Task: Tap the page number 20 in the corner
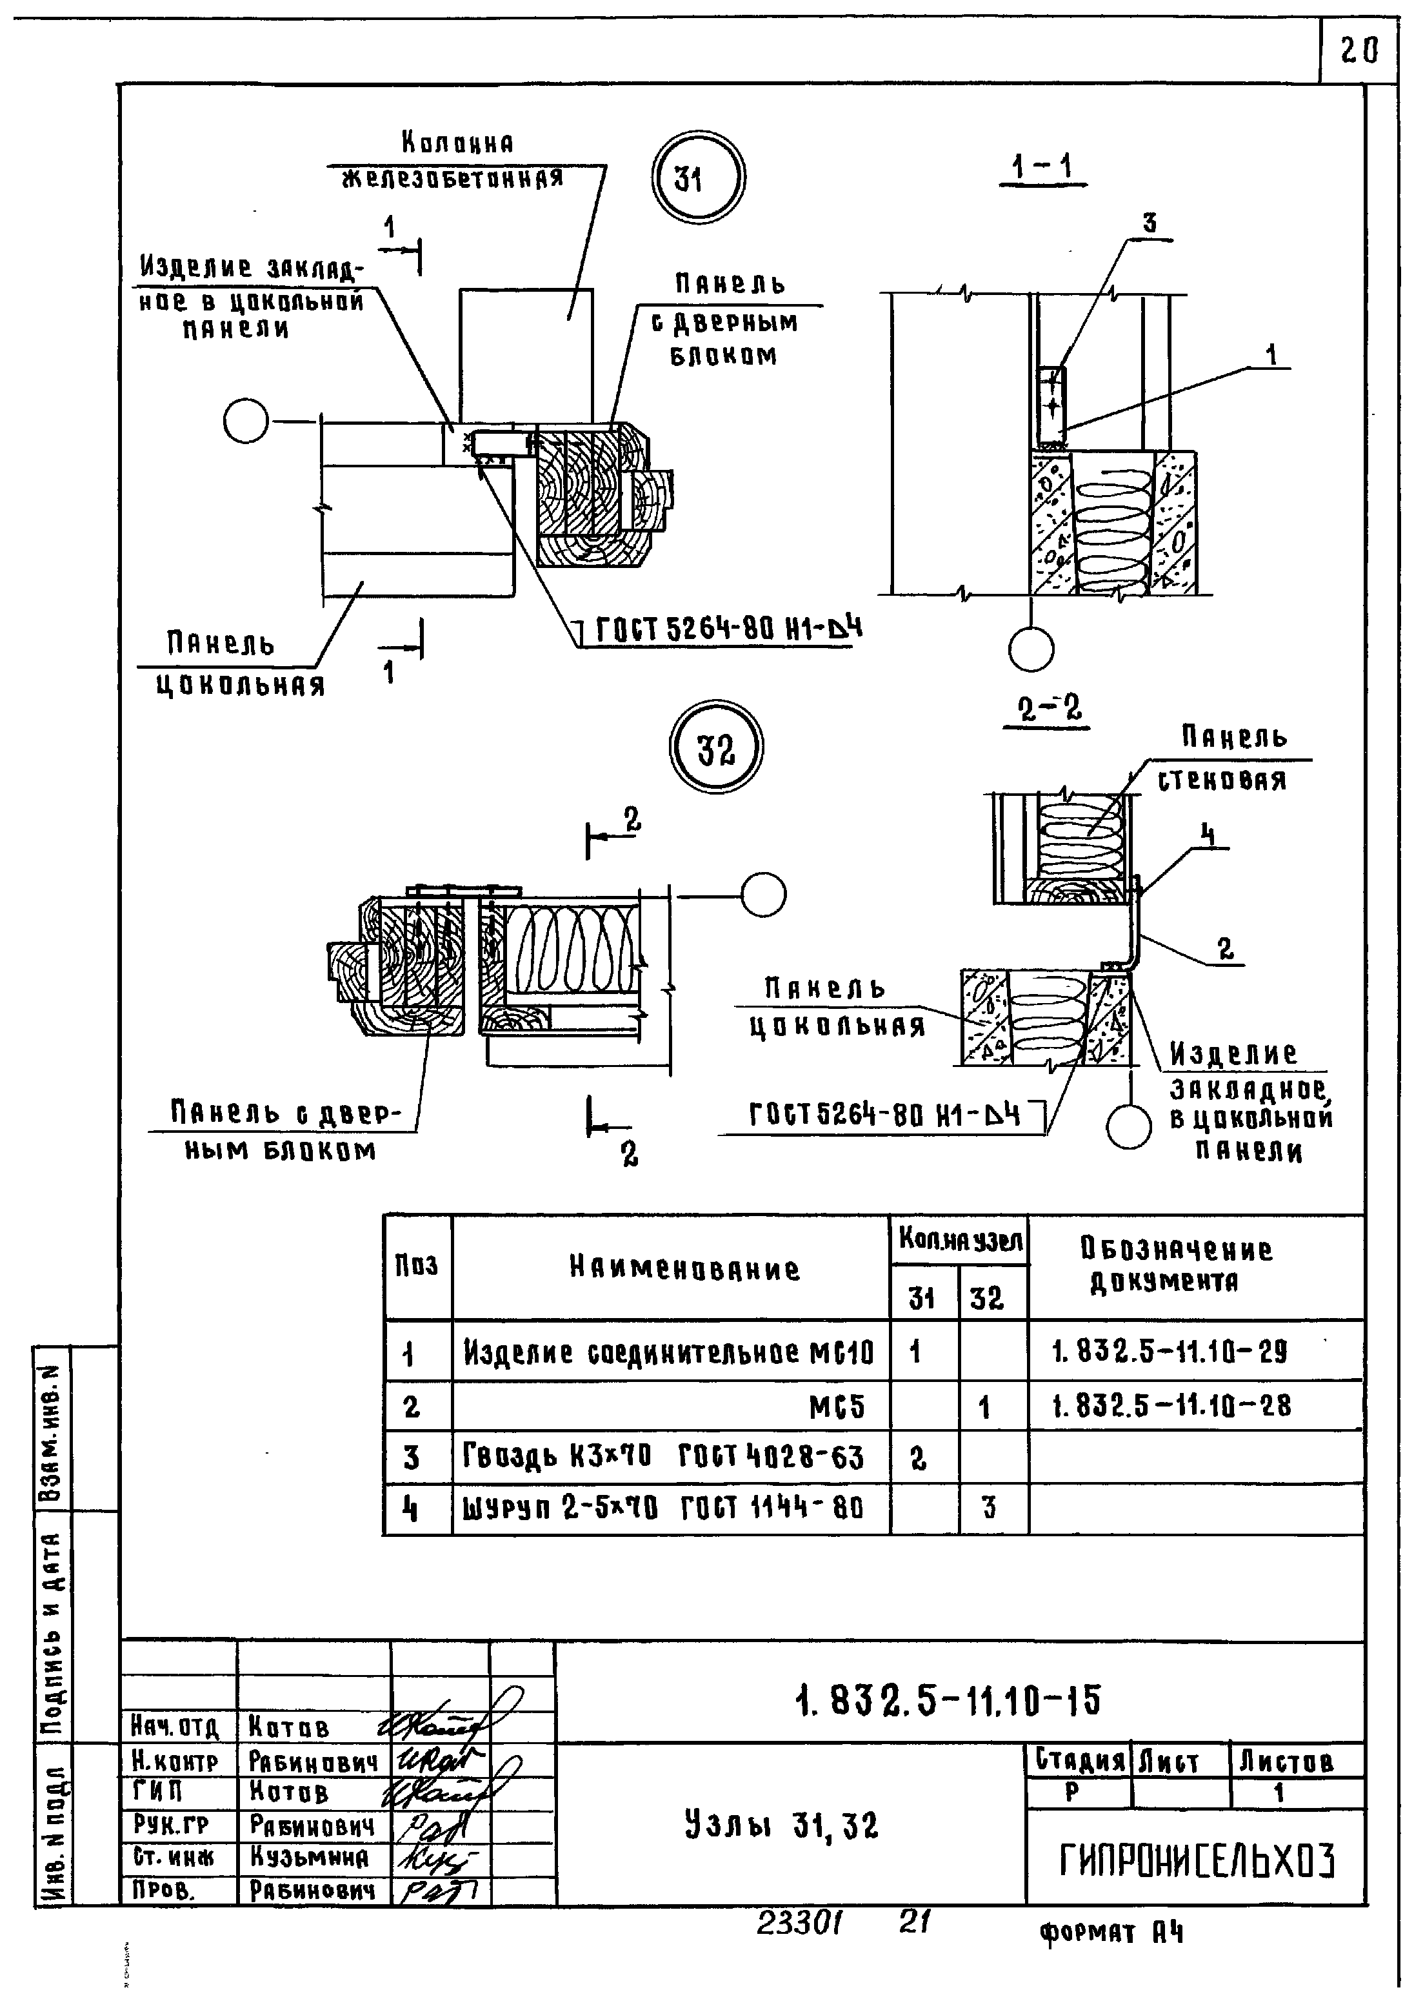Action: pyautogui.click(x=1359, y=52)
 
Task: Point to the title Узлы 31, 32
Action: pyautogui.click(x=781, y=1825)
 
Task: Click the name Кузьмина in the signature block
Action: pyautogui.click(x=308, y=1857)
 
